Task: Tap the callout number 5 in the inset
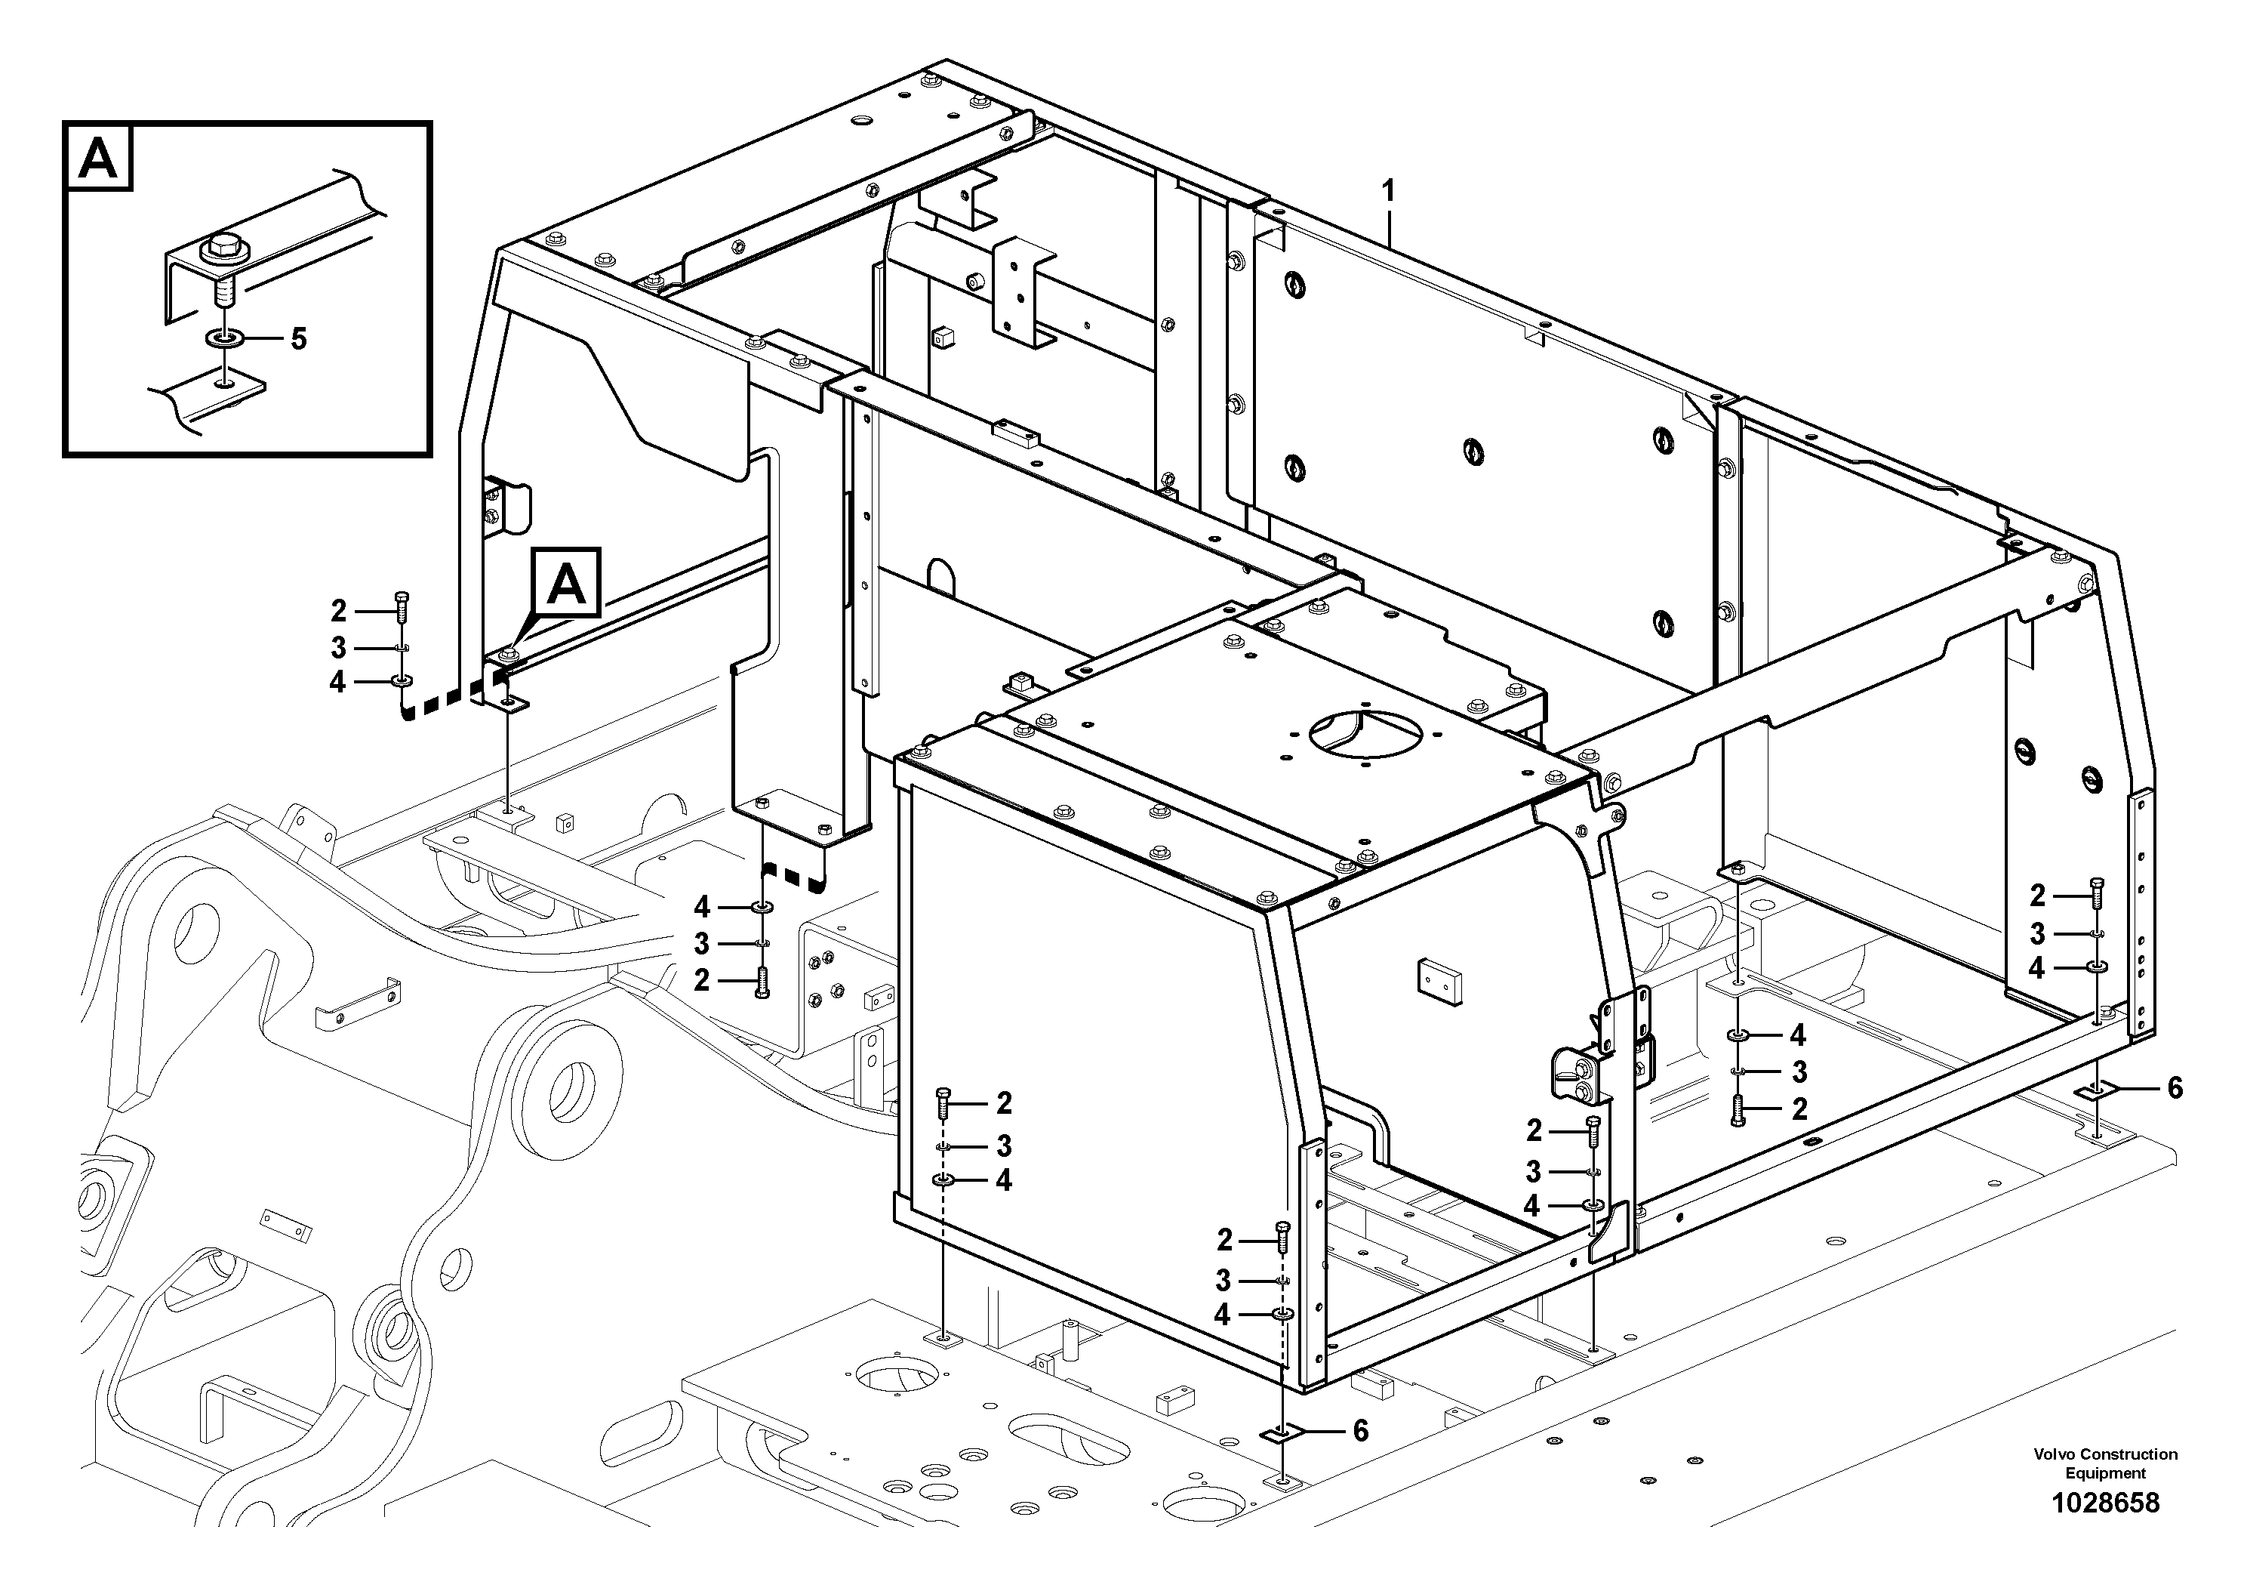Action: tap(298, 340)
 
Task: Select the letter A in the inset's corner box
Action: tap(98, 158)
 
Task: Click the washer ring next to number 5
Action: tap(226, 340)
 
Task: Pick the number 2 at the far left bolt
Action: tap(339, 611)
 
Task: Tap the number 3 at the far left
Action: tap(339, 647)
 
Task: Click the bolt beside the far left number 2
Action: tap(400, 606)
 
